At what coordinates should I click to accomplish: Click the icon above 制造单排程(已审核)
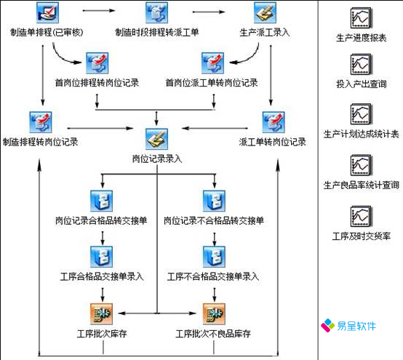tap(47, 13)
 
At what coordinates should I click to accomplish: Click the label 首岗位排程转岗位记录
tap(97, 82)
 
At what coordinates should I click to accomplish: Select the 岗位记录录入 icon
tap(157, 138)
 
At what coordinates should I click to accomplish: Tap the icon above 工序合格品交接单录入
tap(100, 256)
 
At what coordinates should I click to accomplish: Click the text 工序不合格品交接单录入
tap(212, 276)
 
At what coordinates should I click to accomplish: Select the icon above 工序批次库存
tap(100, 313)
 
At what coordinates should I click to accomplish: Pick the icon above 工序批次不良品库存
tap(212, 313)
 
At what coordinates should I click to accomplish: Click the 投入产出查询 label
tap(362, 85)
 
